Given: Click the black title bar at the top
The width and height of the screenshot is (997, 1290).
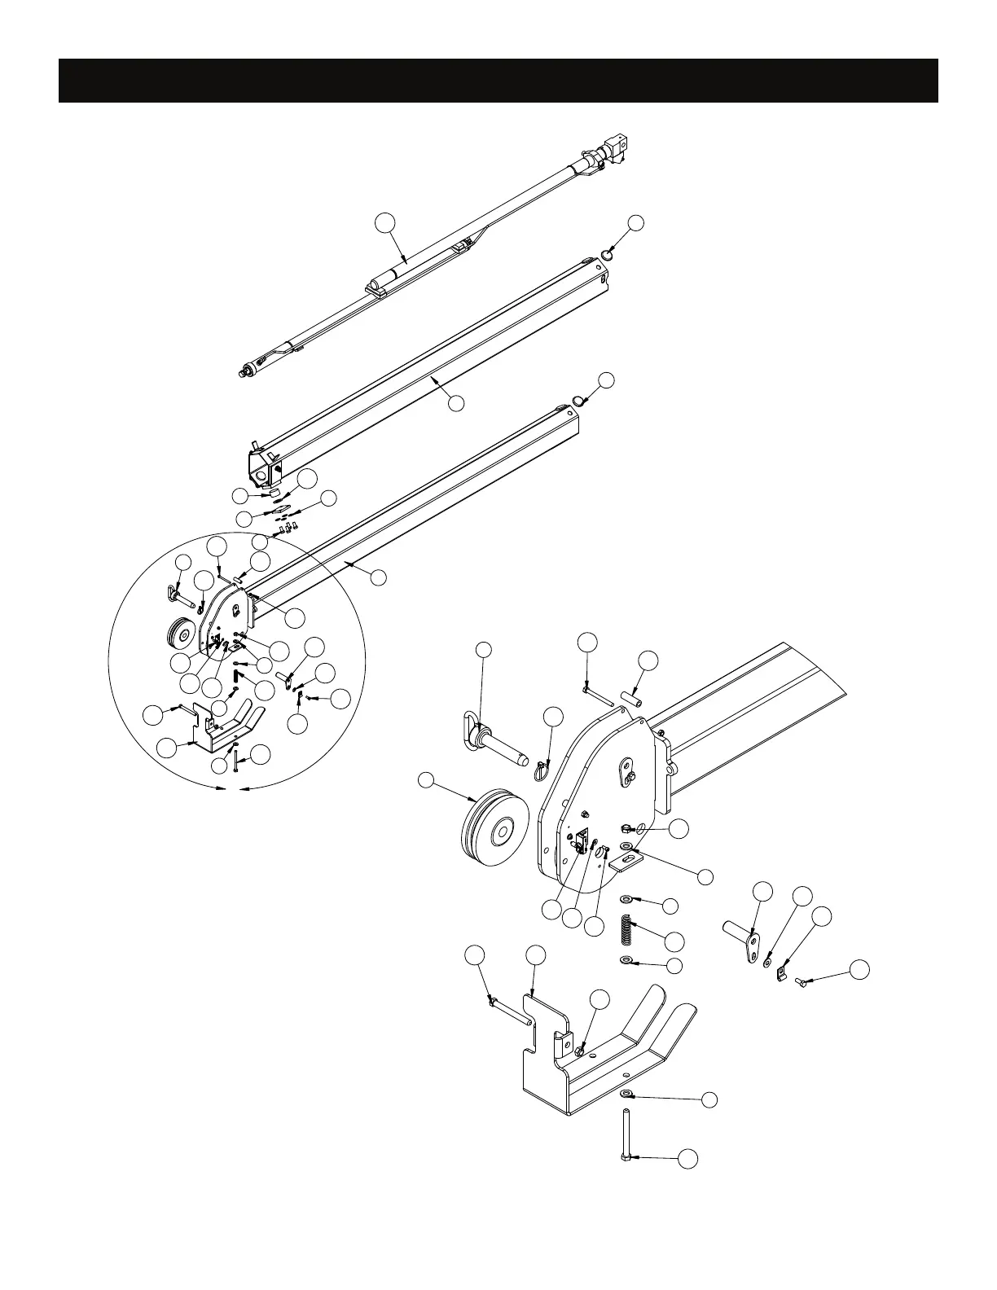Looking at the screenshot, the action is point(498,81).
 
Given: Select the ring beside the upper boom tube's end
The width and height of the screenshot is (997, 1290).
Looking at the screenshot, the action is point(608,255).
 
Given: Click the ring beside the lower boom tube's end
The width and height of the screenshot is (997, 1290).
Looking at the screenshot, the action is point(578,400).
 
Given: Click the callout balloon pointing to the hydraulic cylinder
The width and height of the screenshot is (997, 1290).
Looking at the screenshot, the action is point(385,222).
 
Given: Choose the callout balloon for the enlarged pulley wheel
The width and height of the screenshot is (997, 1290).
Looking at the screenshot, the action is point(427,781).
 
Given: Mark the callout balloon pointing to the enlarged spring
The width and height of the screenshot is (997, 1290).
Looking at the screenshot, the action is point(674,941).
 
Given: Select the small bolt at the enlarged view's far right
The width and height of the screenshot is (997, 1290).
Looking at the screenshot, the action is point(801,983).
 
